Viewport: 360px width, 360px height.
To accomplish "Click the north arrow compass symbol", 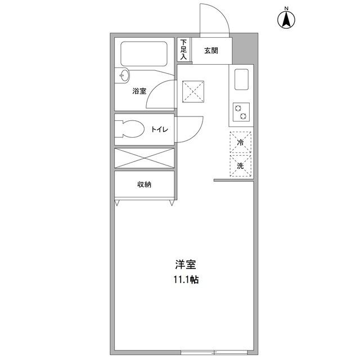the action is (286, 20).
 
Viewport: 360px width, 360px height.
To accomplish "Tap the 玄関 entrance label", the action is (211, 51).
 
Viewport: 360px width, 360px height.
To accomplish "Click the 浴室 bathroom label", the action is (139, 91).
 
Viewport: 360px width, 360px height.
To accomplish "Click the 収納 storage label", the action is (145, 184).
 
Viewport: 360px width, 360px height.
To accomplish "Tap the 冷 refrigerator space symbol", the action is (240, 143).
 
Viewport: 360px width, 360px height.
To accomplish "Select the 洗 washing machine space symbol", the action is (240, 165).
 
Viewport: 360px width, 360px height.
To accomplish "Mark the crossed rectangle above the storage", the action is (145, 157).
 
